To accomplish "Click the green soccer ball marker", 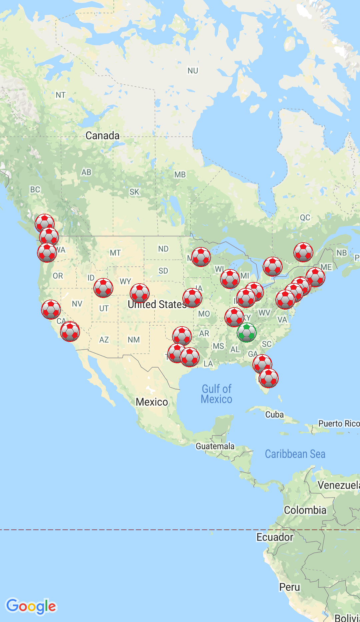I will [x=247, y=332].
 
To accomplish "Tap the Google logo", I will [x=31, y=606].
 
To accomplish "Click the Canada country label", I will [x=102, y=136].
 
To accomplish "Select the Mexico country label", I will [x=152, y=402].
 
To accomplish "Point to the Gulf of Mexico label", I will [x=216, y=394].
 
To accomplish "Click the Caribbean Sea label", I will [x=295, y=454].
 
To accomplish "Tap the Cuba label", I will [x=274, y=415].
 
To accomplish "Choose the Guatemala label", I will [x=215, y=446].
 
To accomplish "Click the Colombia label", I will [x=305, y=510].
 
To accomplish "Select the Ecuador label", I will [x=275, y=537].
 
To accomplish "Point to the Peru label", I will [x=289, y=587].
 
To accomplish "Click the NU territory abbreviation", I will [x=193, y=71].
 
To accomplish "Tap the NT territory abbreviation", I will [x=60, y=95].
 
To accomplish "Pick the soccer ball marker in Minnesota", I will [x=201, y=257].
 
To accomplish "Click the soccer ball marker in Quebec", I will [x=303, y=252].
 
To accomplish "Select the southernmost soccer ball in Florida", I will [x=269, y=378].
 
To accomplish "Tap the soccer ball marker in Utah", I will [x=103, y=288].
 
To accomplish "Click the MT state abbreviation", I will [x=115, y=253].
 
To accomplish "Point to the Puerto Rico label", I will [x=339, y=424].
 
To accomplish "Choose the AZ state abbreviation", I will [x=104, y=340].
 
